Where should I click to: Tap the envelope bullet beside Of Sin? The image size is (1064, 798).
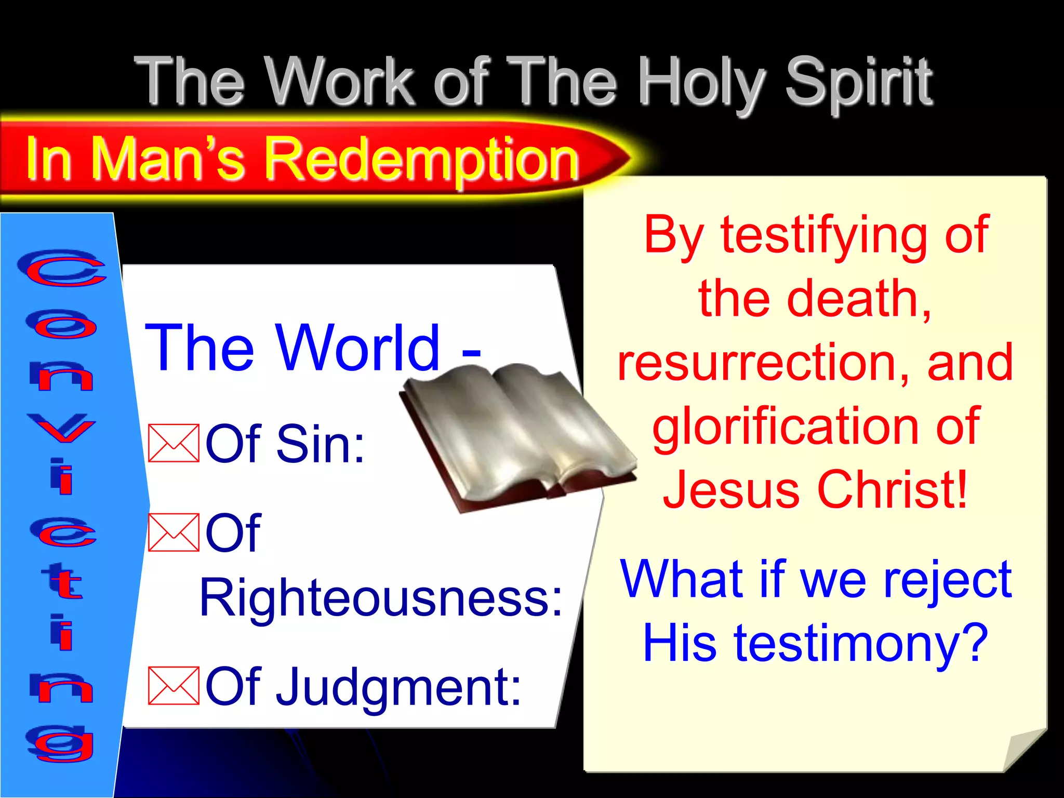174,443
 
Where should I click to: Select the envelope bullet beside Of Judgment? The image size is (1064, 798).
174,686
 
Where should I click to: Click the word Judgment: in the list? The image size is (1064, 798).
397,687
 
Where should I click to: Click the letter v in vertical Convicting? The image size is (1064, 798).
61,428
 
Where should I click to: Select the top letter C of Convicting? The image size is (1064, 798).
61,268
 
